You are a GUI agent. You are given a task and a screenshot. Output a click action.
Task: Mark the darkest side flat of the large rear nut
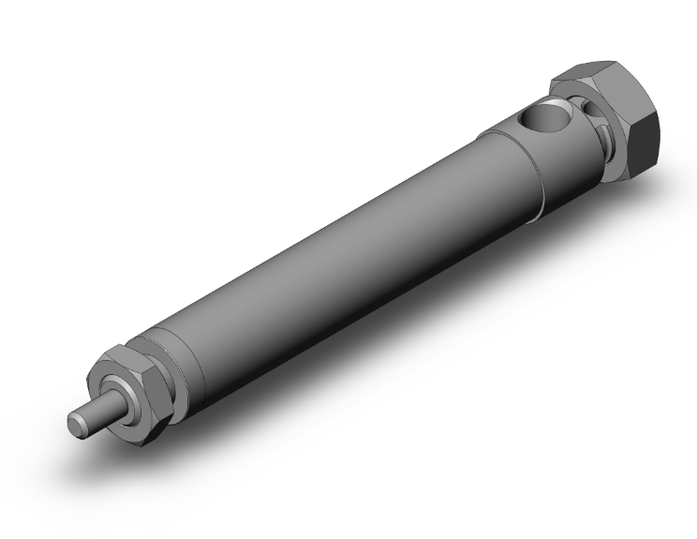click(645, 141)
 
